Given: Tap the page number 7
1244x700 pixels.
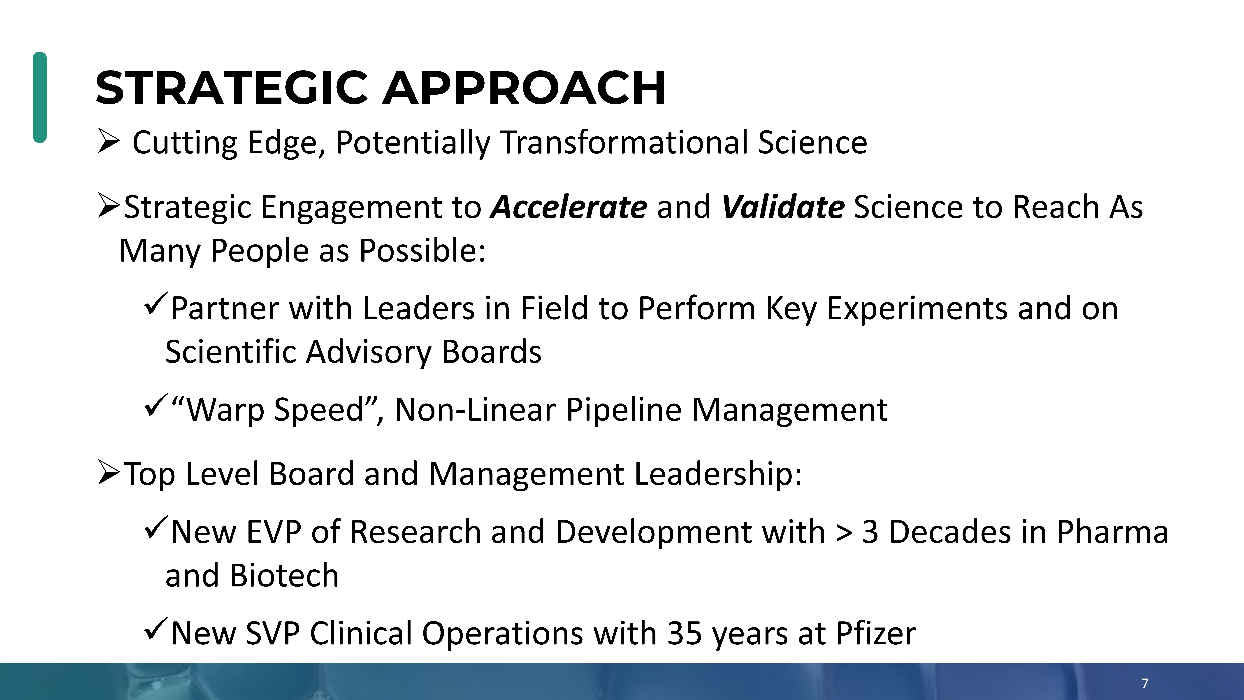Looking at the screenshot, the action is [1145, 683].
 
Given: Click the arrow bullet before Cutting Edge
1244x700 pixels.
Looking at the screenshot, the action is [109, 141].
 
